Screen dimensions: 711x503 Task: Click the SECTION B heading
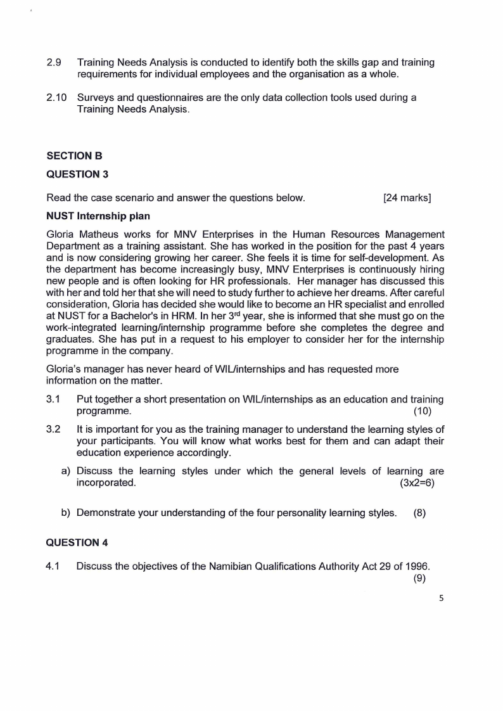click(x=74, y=155)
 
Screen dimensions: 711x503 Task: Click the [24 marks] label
click(x=407, y=198)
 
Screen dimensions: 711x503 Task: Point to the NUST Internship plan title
click(x=98, y=216)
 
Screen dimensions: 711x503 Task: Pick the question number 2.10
click(x=56, y=98)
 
